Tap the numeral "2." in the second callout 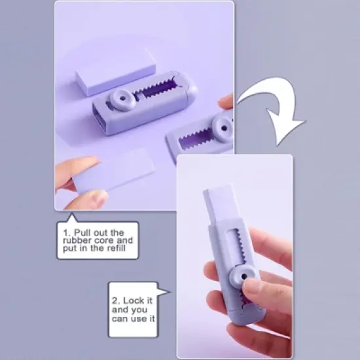[x=117, y=301]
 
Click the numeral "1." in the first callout [x=67, y=233]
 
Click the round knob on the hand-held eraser [x=243, y=276]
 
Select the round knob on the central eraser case [x=122, y=99]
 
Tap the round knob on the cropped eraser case [x=223, y=128]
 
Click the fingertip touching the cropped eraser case [x=226, y=101]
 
